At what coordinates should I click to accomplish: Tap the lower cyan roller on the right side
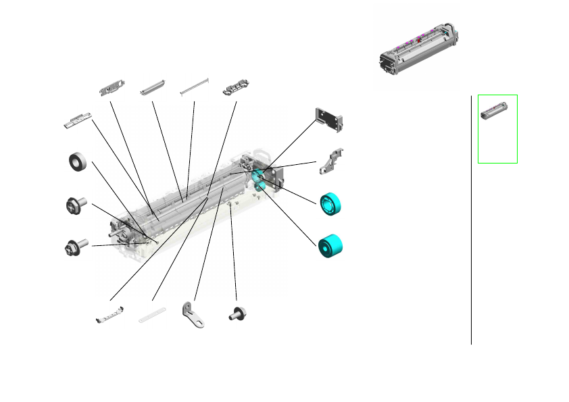[329, 246]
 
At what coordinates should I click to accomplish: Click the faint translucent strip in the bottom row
[152, 315]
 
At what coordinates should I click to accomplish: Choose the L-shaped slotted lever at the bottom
[193, 315]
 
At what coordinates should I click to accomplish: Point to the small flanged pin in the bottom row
[237, 313]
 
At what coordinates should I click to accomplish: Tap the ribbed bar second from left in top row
[152, 90]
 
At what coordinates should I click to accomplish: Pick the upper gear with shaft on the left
[74, 205]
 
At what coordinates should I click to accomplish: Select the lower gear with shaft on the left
[73, 247]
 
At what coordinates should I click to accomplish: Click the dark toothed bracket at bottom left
[110, 314]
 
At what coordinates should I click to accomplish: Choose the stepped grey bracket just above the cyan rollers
[331, 163]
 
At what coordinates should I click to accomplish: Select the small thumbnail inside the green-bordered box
[497, 109]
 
